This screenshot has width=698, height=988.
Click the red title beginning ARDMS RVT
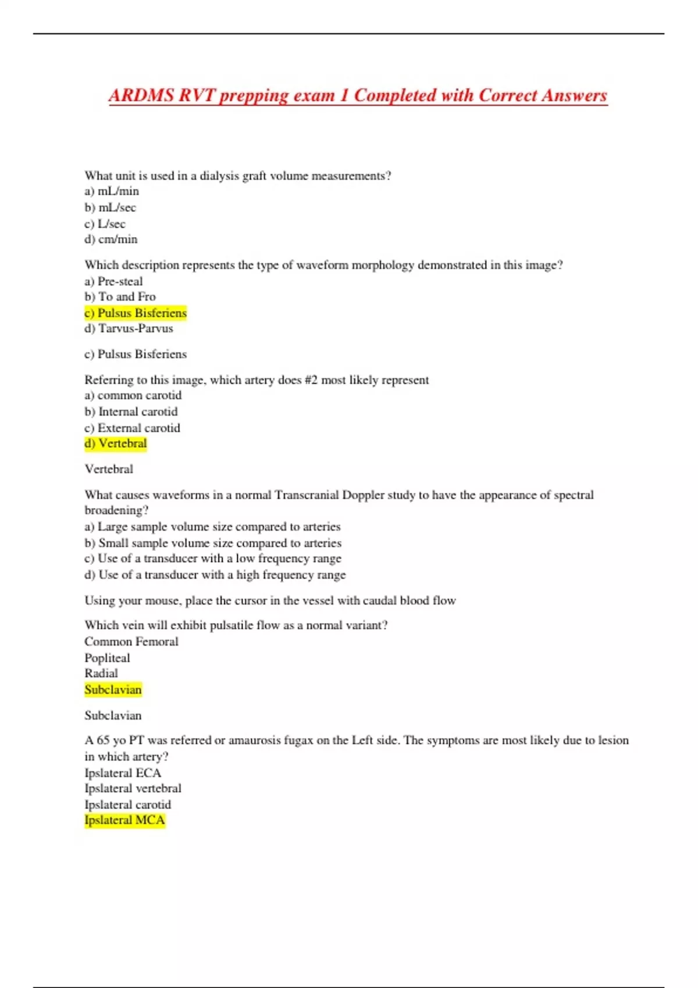358,95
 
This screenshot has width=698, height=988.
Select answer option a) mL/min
112,191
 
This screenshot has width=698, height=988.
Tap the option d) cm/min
111,239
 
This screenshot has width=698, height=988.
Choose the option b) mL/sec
111,207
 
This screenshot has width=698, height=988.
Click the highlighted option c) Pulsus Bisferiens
136,313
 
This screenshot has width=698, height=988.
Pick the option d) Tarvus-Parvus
129,328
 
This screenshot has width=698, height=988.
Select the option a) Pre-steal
113,281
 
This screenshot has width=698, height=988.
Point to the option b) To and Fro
120,297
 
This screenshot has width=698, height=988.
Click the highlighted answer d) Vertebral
116,443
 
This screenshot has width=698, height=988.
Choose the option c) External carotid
133,428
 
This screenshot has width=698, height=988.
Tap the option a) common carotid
133,396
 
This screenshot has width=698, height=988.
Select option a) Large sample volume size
212,527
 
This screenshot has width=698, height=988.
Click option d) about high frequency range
215,575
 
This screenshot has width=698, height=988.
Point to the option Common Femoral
131,642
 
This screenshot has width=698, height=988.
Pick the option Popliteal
107,658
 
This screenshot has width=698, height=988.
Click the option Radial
101,674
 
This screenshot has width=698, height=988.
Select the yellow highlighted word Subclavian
113,690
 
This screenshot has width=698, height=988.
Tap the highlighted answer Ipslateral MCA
124,820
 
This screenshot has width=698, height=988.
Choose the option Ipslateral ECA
123,773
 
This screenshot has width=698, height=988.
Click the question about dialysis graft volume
238,176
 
